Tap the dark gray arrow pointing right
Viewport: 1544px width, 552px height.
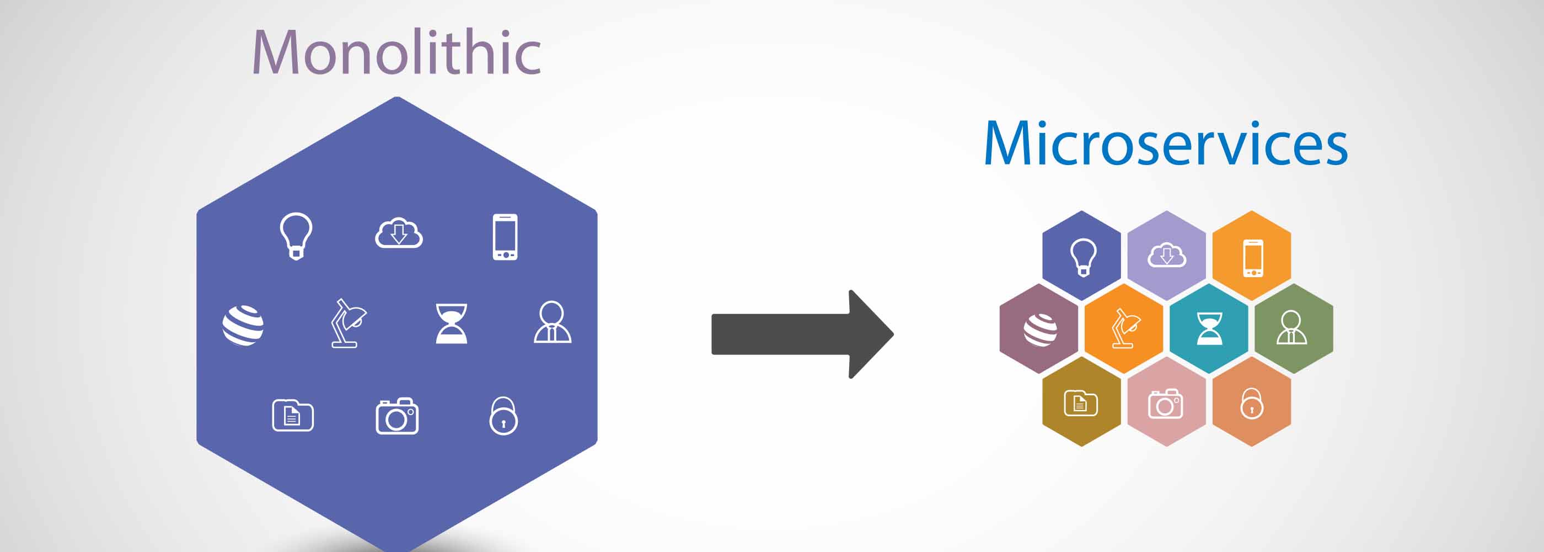[802, 334]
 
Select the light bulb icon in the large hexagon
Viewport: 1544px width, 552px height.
[296, 236]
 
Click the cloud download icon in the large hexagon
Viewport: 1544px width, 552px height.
[399, 233]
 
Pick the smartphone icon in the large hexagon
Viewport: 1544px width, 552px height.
[505, 237]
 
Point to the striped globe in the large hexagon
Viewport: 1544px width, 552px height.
[243, 325]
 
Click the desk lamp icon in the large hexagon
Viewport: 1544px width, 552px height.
[349, 323]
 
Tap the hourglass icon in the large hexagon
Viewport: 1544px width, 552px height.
[451, 323]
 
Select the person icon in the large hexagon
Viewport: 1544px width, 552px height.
[553, 322]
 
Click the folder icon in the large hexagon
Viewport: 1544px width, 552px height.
[293, 415]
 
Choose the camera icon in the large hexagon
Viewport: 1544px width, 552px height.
[397, 415]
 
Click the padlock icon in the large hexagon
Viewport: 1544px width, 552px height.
[503, 416]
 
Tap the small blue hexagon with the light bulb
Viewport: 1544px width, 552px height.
[1081, 256]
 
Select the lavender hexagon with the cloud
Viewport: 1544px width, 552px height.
[1166, 256]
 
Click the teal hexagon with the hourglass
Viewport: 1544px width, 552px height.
[1209, 329]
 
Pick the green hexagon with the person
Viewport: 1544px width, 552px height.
[1294, 329]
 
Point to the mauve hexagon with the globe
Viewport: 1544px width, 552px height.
[1039, 329]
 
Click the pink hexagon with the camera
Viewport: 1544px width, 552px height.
[1166, 402]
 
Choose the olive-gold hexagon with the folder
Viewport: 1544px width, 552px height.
[1081, 402]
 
